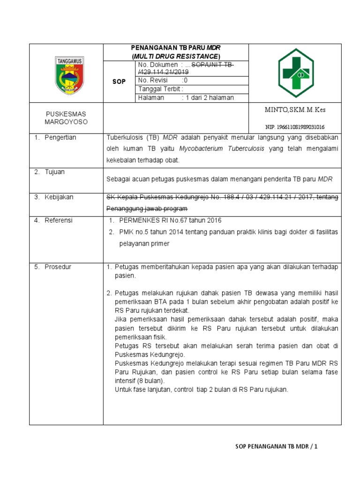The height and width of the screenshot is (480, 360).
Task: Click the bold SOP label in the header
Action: [x=119, y=82]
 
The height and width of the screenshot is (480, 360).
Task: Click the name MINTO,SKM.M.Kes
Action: [x=295, y=110]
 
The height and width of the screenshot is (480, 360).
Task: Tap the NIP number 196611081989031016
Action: [x=295, y=127]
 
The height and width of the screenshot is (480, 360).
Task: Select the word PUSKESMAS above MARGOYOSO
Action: [x=66, y=114]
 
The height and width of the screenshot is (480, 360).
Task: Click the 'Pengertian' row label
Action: [x=60, y=137]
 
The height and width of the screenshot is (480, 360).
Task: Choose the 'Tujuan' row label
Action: [x=55, y=172]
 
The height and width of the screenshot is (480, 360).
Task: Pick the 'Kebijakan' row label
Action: [x=59, y=197]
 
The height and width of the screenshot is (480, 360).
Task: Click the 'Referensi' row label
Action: [x=59, y=220]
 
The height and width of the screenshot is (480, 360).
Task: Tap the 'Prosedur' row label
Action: [x=58, y=267]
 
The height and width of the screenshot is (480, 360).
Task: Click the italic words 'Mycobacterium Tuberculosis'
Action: [x=222, y=149]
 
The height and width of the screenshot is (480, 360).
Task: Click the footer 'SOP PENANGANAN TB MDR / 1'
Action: [x=276, y=447]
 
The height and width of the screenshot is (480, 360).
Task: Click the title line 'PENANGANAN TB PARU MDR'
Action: [x=175, y=48]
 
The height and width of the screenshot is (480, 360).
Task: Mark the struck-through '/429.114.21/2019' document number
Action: [x=163, y=72]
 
